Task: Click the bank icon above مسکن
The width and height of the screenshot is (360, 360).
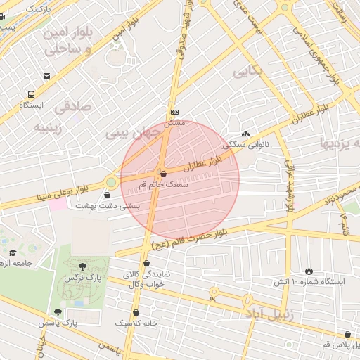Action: pos(174,112)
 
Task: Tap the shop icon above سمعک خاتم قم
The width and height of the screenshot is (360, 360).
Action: pos(163,173)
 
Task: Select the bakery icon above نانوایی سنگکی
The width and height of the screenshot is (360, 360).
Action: pos(245,134)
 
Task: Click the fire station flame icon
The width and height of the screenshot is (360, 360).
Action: pos(309,271)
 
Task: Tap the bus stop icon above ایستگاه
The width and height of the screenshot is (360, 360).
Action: pos(31,94)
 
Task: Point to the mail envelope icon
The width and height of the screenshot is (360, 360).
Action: pos(46,76)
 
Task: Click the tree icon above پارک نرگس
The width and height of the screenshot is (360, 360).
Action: pos(83,266)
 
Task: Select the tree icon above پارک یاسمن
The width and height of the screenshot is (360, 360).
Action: pos(58,312)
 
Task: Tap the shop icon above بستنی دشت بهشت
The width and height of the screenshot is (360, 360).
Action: pos(107,195)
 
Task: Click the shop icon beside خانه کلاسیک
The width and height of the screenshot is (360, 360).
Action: pos(136,313)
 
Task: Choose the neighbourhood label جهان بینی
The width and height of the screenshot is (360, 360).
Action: pos(129,131)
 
